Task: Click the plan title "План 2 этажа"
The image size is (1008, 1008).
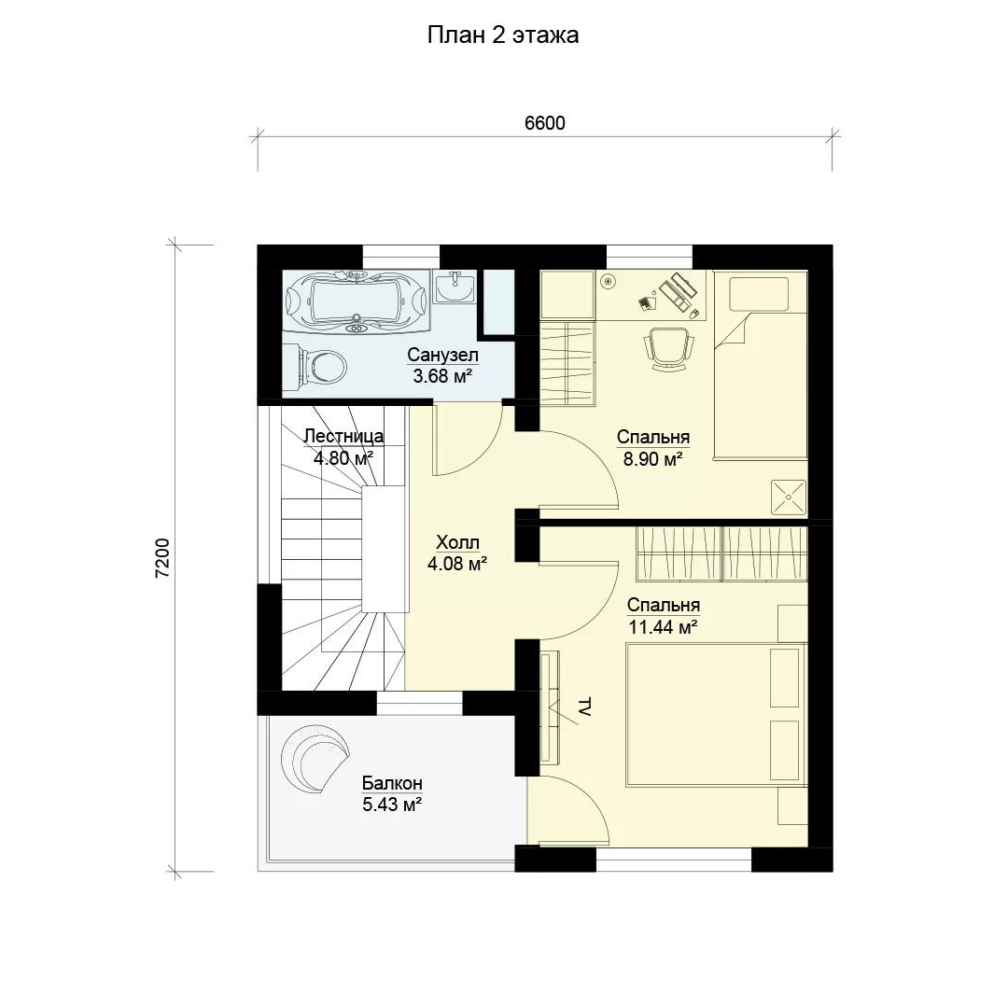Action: coord(503,35)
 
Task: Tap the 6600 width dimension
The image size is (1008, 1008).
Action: coord(544,123)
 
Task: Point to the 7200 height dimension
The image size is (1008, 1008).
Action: coord(162,557)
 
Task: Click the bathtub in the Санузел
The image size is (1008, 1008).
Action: coord(357,301)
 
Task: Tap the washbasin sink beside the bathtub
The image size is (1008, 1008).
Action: coord(455,287)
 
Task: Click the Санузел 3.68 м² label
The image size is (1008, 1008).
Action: coord(442,365)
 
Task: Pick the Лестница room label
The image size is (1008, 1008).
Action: coord(343,436)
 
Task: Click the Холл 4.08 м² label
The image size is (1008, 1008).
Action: coord(457,553)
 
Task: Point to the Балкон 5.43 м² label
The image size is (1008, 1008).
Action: coord(392,794)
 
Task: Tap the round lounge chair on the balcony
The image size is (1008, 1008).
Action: coord(315,759)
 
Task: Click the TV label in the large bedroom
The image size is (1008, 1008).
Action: coord(585,706)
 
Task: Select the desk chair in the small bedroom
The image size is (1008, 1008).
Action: coord(668,349)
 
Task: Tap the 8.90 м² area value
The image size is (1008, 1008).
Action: coord(652,459)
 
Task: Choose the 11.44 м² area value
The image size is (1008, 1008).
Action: coord(664,627)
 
